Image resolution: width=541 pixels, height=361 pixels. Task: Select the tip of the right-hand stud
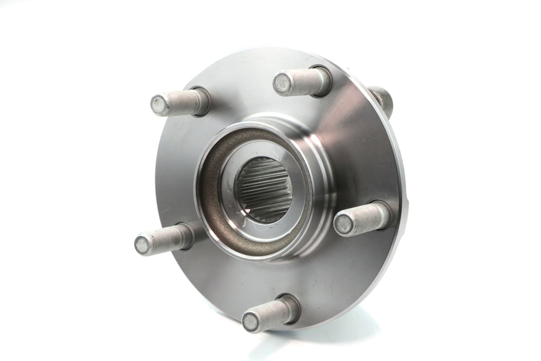click(344, 225)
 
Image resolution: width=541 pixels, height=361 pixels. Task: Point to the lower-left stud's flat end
click(143, 245)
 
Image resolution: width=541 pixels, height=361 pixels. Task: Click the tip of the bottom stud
click(251, 321)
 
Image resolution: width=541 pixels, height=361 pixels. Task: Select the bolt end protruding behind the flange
click(384, 100)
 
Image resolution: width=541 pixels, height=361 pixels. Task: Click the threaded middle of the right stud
click(365, 219)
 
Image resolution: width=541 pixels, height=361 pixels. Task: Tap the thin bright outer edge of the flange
click(403, 175)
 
